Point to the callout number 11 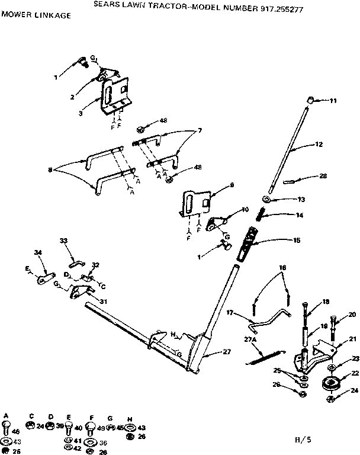pyautogui.click(x=333, y=101)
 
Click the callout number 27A pyautogui.click(x=252, y=340)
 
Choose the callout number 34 pyautogui.click(x=38, y=254)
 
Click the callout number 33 pyautogui.click(x=64, y=240)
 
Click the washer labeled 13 pyautogui.click(x=266, y=200)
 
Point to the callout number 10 pyautogui.click(x=245, y=210)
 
